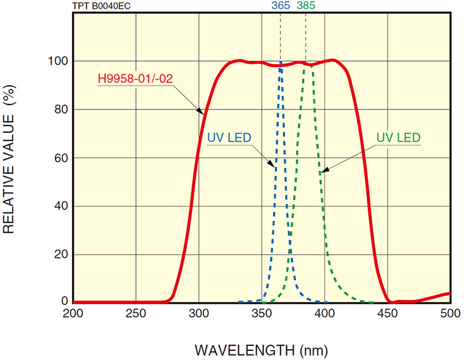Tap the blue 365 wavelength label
click(280, 6)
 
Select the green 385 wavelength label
click(306, 6)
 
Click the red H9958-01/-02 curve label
click(134, 79)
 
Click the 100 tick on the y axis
click(56, 61)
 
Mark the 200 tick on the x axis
click(73, 313)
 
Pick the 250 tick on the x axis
click(136, 313)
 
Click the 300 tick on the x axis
click(199, 313)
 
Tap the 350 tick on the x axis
click(262, 313)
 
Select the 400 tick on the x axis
click(324, 313)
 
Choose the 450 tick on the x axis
click(387, 313)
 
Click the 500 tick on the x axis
click(449, 313)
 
